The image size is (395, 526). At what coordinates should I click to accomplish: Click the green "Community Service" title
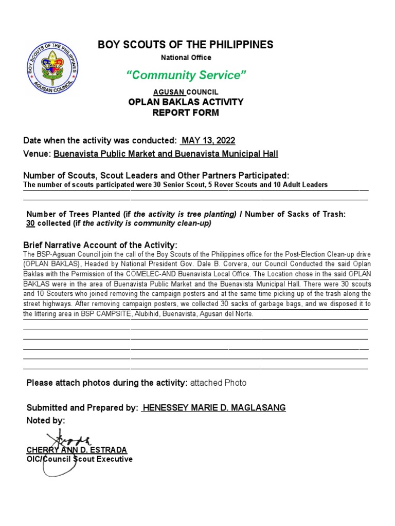tap(186, 76)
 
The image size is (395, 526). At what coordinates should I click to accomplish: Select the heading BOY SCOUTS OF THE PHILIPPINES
tap(186, 45)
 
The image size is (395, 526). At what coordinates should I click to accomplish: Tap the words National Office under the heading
tap(186, 58)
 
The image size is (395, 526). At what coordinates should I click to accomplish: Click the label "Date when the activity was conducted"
tap(100, 141)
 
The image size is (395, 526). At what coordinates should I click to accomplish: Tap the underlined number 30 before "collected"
tap(30, 223)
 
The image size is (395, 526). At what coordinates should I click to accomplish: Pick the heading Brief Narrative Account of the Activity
tap(100, 245)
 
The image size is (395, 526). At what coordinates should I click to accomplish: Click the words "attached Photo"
tap(218, 383)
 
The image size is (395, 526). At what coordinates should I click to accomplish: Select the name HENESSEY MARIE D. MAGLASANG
tap(214, 408)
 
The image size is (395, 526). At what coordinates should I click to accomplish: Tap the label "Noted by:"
tap(45, 421)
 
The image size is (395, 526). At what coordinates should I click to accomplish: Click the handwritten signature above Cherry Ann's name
tap(68, 440)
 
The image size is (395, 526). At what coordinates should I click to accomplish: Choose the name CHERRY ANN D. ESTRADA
tap(77, 450)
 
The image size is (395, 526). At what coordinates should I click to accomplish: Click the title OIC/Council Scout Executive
tap(79, 459)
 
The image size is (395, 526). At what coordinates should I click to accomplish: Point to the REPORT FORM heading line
tap(186, 112)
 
